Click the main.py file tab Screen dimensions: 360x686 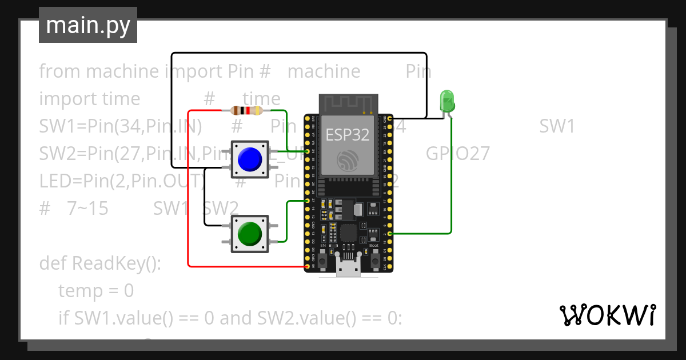87,26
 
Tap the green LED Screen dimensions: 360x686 446,101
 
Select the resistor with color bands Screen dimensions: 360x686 246,111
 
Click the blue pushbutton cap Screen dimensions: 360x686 249,159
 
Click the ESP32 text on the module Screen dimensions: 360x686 347,135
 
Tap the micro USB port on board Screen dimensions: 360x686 349,267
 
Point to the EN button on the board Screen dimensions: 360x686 323,261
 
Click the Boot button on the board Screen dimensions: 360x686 374,261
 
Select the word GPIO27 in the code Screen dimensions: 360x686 457,153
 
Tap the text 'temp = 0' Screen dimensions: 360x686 96,291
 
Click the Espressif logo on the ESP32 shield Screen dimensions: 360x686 346,160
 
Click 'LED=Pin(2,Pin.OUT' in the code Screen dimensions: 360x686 120,181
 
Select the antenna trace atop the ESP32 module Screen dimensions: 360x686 349,104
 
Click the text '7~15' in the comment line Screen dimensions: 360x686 87,209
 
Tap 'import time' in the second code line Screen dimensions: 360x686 89,99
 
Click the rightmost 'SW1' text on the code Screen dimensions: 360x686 557,126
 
